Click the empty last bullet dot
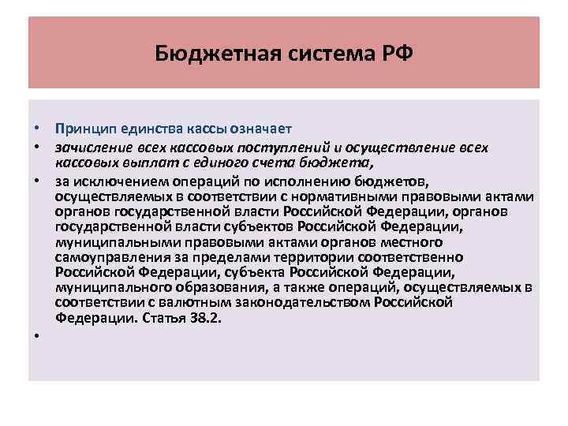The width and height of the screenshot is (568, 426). coord(37,337)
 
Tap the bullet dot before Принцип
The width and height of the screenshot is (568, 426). coord(37,129)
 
